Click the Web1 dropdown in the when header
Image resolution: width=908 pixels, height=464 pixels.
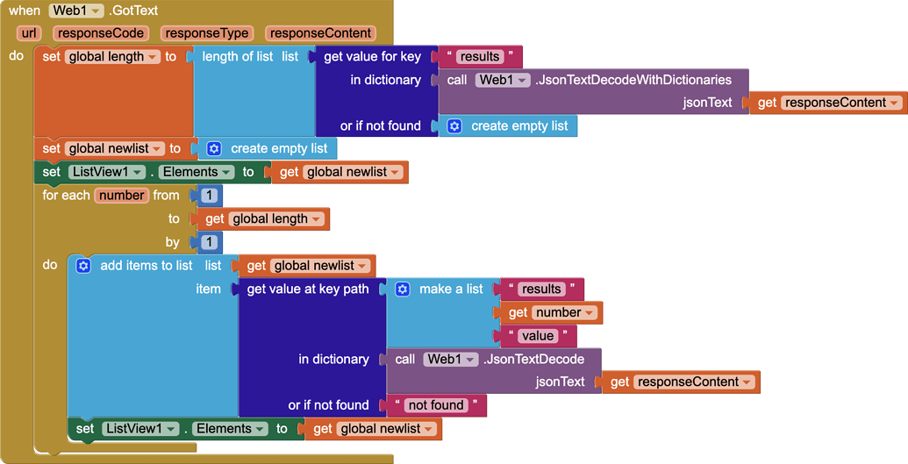click(x=76, y=11)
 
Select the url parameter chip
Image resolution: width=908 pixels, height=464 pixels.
click(x=28, y=33)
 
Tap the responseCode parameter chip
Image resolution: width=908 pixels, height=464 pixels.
click(x=101, y=33)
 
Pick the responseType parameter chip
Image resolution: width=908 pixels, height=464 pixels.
click(x=207, y=33)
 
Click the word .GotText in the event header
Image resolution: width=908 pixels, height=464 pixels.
click(x=133, y=11)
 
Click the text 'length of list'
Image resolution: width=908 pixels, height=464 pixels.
click(x=238, y=57)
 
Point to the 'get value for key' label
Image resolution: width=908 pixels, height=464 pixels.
click(x=372, y=57)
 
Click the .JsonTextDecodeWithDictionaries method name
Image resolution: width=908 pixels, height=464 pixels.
click(x=633, y=80)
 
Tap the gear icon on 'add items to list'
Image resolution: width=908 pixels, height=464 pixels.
click(x=83, y=265)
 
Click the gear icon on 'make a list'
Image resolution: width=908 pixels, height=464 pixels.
click(x=403, y=289)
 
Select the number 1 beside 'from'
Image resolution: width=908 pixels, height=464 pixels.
click(x=209, y=196)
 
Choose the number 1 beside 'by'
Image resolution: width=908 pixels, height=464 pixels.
click(x=209, y=241)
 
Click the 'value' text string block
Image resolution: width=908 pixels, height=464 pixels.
click(x=538, y=336)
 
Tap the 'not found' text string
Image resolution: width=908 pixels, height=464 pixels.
click(x=436, y=405)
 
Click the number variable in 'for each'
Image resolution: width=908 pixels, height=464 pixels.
click(x=122, y=196)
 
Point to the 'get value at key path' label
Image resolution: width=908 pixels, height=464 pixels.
click(x=308, y=289)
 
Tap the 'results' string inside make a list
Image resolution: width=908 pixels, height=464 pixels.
click(x=541, y=289)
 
